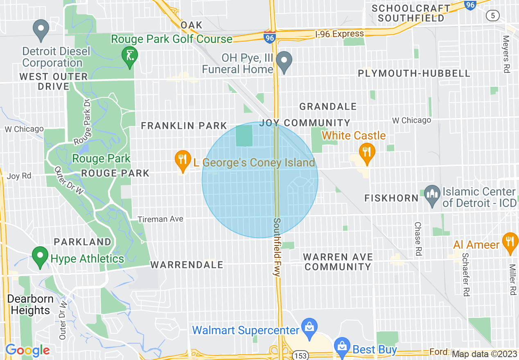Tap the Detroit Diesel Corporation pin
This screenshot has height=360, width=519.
[41, 29]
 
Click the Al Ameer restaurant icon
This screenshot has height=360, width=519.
[510, 243]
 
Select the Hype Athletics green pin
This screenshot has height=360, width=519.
[40, 256]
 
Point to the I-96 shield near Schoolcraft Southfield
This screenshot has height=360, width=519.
[470, 5]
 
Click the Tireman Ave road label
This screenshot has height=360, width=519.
[160, 219]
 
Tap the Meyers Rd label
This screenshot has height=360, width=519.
[506, 54]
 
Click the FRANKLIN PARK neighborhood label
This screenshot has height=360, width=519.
[184, 126]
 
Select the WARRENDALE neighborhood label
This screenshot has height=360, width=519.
[187, 265]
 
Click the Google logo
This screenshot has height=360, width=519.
[27, 350]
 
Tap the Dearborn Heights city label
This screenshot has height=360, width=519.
[30, 304]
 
